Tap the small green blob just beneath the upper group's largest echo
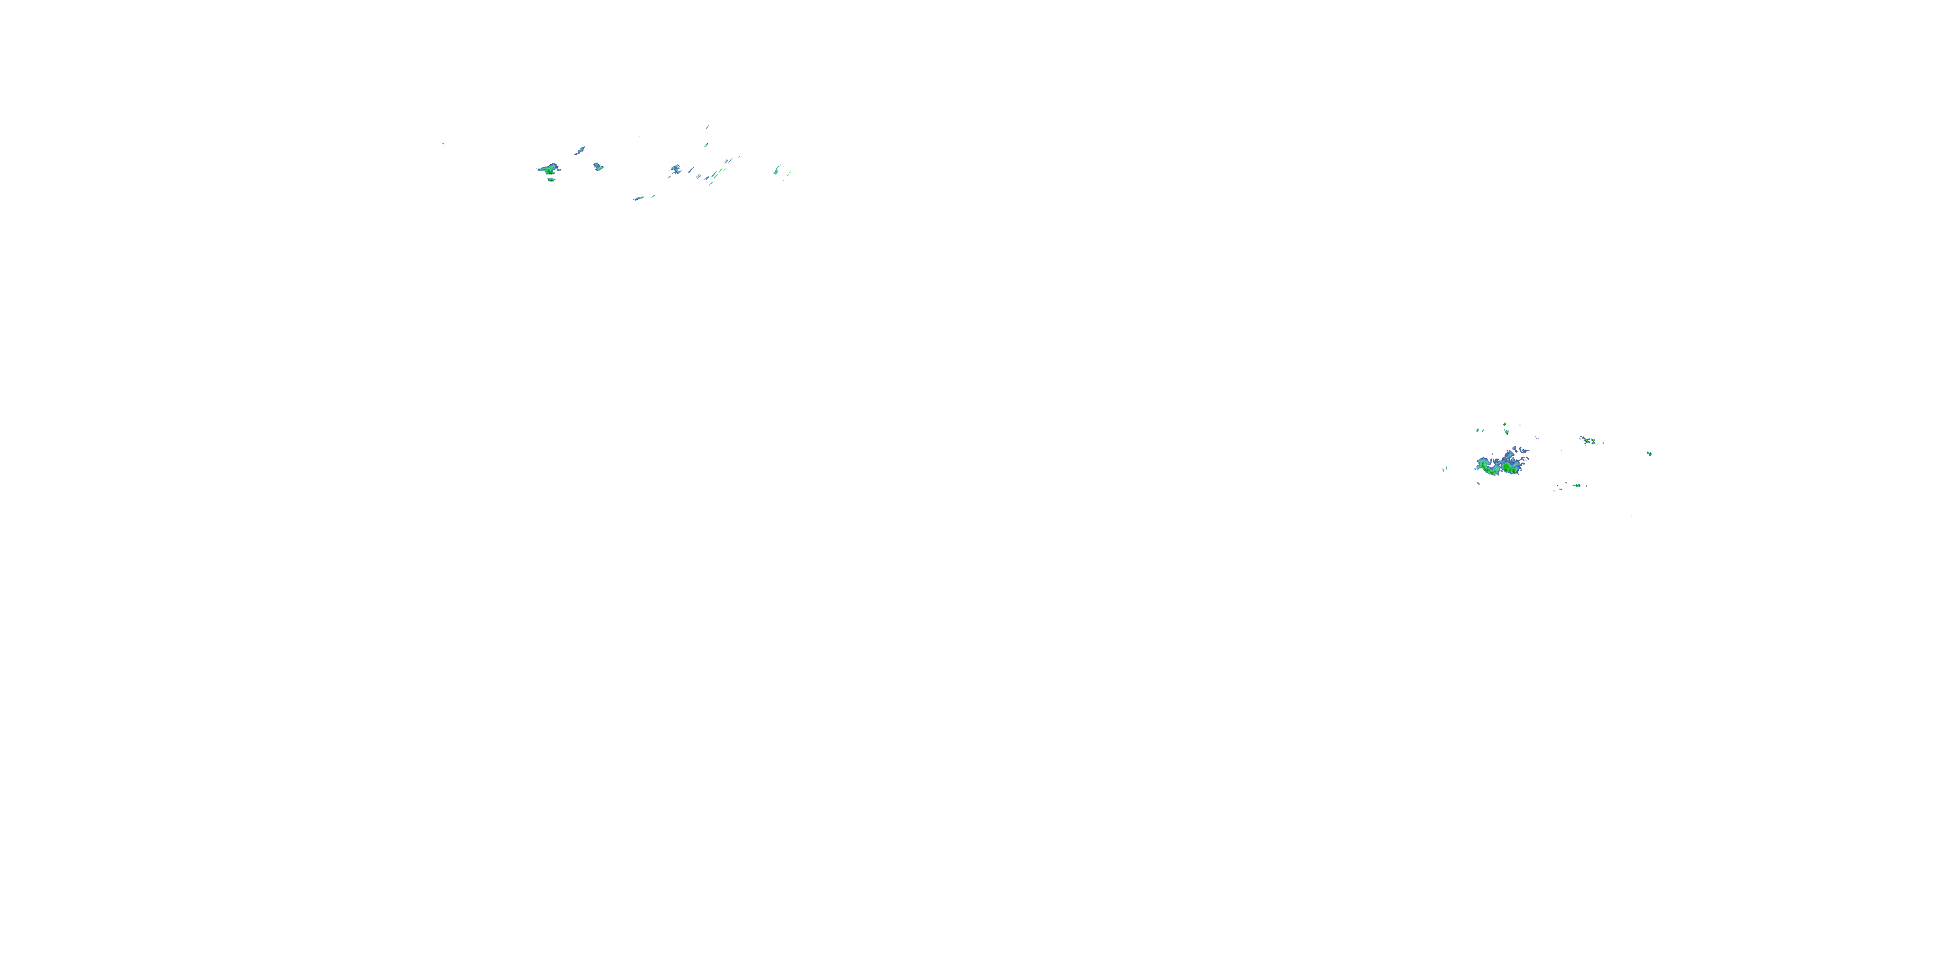551,180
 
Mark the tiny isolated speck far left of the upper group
443,143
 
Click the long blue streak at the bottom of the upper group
638,199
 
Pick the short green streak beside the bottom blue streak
653,196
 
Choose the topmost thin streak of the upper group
707,127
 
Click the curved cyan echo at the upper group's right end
776,170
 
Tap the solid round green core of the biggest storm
1507,467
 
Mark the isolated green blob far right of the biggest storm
1649,453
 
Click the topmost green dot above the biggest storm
1505,425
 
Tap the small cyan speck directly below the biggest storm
1478,483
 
